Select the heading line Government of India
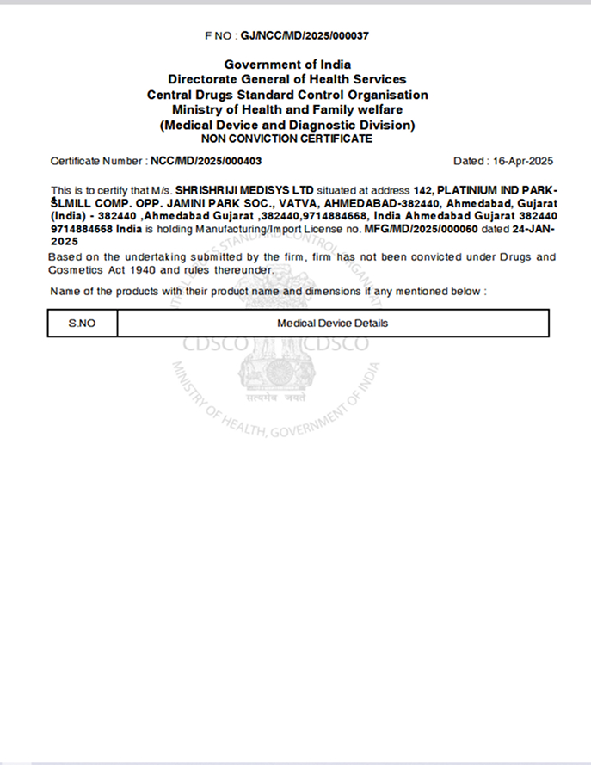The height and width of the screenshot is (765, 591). (287, 65)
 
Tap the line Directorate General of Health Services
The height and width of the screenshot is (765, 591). (287, 79)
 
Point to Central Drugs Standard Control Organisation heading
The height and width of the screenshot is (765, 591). (287, 95)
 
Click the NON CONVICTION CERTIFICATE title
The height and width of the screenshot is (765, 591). (286, 138)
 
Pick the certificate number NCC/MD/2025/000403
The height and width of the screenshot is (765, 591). (206, 161)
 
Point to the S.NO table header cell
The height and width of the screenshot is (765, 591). (83, 324)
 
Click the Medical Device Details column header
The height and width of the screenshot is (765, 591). (332, 324)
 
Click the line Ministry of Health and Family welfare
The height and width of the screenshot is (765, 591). (287, 109)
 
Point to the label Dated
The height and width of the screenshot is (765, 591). (469, 161)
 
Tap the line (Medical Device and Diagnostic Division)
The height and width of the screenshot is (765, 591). (287, 125)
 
